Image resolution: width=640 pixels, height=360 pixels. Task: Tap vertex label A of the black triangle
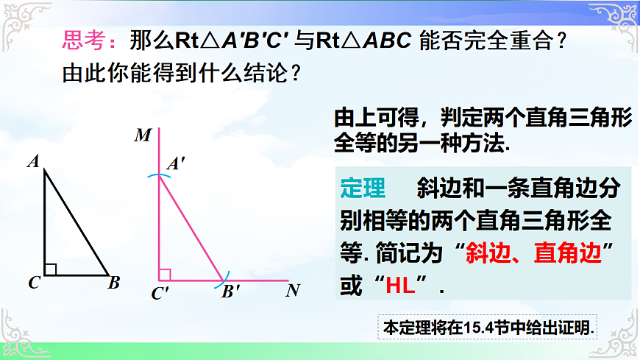(33, 161)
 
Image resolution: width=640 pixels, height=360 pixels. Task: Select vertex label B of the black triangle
(113, 283)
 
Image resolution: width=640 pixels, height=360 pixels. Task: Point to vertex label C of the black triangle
(34, 283)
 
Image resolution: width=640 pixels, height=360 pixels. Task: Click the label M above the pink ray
(143, 135)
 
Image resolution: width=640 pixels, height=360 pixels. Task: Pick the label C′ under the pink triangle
(160, 294)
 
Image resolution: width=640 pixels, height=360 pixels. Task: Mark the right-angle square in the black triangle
(50, 269)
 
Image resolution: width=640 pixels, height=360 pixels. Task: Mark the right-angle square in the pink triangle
(165, 275)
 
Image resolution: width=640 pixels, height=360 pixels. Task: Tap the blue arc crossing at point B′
(223, 280)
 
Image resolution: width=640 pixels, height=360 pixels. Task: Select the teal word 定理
(363, 188)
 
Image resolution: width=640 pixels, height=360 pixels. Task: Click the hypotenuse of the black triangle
(77, 222)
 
